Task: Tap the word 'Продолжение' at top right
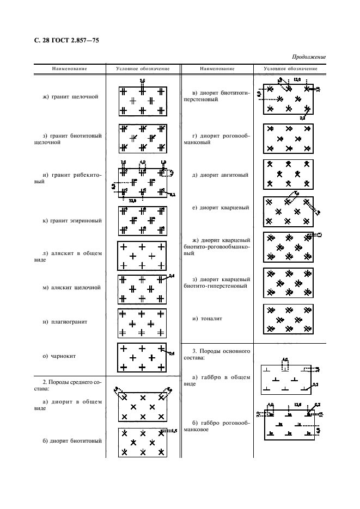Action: point(309,57)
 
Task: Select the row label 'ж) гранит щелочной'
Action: point(70,97)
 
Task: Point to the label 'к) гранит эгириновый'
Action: point(70,221)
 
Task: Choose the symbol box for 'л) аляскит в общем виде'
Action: point(142,256)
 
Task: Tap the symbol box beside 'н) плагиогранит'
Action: point(142,323)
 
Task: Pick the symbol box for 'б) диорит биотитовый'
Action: point(142,443)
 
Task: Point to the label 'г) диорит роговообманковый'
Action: point(217,138)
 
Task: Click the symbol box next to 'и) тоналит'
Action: point(288,319)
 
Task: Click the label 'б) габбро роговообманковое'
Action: point(217,426)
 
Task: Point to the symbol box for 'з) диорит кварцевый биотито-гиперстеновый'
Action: point(288,282)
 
